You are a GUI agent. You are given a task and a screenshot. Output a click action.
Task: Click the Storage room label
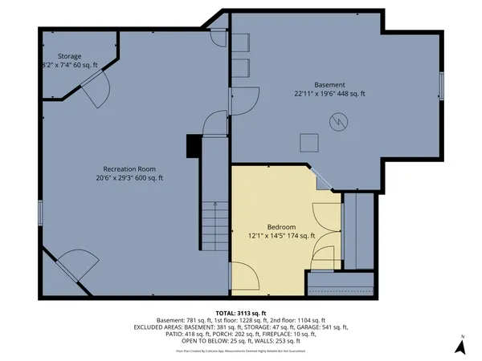point(69,56)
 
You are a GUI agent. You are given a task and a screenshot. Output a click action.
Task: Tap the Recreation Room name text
point(129,169)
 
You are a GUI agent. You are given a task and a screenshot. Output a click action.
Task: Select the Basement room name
point(329,84)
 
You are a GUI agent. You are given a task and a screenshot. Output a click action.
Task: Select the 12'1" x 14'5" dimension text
point(272,237)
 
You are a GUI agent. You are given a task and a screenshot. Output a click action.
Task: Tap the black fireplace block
point(193,145)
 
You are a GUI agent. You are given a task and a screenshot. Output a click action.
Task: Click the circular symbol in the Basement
point(340,121)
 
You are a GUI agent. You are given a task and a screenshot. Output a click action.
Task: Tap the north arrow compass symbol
point(460,347)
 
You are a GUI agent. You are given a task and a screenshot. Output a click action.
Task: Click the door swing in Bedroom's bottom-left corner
point(244,278)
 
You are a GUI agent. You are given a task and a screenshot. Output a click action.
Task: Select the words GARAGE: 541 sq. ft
point(323,327)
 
